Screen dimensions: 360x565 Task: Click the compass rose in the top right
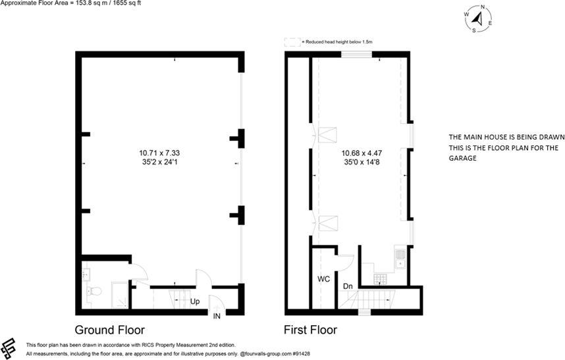click(x=479, y=19)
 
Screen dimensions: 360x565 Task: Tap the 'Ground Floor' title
click(x=109, y=329)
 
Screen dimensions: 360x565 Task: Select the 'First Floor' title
click(x=310, y=329)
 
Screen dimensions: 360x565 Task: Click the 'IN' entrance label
click(x=217, y=317)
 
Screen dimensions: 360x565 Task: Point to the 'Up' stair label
click(x=195, y=301)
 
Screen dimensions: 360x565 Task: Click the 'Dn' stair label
click(x=347, y=286)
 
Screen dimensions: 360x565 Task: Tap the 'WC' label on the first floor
click(x=323, y=279)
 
